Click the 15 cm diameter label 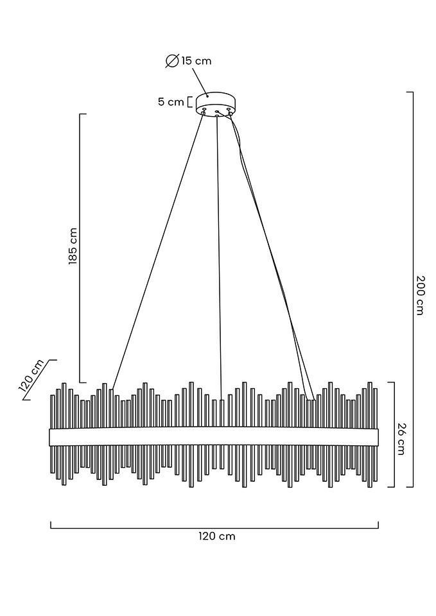click(196, 61)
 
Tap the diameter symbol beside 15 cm click(172, 61)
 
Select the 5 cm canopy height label click(171, 102)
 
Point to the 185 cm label click(73, 246)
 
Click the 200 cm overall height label click(421, 295)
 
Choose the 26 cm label click(401, 439)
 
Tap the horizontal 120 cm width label click(217, 536)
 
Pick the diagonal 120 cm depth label click(31, 375)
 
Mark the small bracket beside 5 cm click(189, 102)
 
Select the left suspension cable click(157, 252)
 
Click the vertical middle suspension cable click(219, 258)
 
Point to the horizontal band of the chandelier click(214, 437)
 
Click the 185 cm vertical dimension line click(80, 248)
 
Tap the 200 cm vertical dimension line click(412, 289)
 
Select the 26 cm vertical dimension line click(394, 434)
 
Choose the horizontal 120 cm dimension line click(214, 528)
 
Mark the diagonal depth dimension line click(40, 379)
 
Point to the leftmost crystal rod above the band click(52, 411)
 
